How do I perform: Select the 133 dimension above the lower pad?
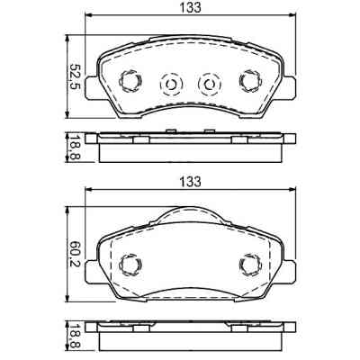188,182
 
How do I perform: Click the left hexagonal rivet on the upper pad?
128,82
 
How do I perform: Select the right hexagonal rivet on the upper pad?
248,82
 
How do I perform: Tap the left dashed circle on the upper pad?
168,85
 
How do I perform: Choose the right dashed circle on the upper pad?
209,85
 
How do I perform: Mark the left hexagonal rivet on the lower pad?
128,265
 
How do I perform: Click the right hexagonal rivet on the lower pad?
248,265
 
